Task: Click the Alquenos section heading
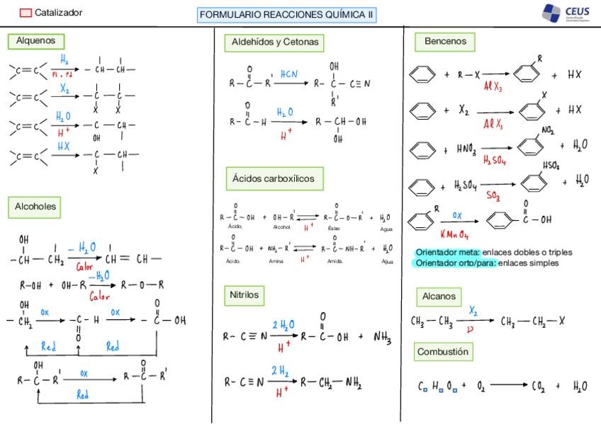coord(35,41)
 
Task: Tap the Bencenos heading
coord(445,42)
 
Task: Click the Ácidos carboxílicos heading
coord(273,179)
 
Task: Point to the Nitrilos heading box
coord(244,294)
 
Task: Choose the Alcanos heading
coord(439,297)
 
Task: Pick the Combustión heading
coord(442,352)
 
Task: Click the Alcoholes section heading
coord(35,207)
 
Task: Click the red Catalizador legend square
coord(26,13)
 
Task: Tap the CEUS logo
coord(566,13)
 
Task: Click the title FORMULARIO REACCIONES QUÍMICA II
coord(286,15)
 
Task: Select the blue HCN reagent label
coord(289,74)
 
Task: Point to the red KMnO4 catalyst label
coord(454,234)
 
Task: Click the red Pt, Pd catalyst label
coord(62,74)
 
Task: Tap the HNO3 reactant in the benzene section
coord(466,149)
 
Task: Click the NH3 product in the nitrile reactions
coord(383,338)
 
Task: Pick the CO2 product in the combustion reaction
coord(539,386)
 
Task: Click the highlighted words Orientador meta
coord(448,252)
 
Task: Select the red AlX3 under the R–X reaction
coord(493,88)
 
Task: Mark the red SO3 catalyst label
coord(494,195)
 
